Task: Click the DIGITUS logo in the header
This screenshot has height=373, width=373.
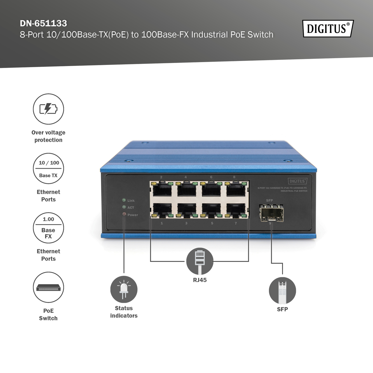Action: tap(328, 29)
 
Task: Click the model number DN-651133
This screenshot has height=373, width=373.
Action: tap(43, 23)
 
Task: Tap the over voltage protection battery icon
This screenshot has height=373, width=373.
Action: tap(48, 109)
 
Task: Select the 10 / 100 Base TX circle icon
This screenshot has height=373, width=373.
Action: tap(48, 168)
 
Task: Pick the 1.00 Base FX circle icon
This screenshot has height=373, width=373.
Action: tap(48, 228)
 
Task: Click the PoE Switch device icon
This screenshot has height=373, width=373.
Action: tap(48, 287)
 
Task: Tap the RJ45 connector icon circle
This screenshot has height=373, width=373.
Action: tap(200, 261)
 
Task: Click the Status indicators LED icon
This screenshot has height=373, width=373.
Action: tap(124, 289)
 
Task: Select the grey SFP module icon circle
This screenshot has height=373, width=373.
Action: tap(282, 291)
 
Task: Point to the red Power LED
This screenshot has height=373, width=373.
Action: tap(124, 214)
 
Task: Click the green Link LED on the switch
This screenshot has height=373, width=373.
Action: tap(124, 200)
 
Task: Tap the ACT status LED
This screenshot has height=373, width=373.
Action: tap(124, 207)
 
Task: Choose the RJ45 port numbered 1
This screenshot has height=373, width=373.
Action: tap(162, 210)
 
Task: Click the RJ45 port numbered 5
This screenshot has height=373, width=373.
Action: tap(212, 210)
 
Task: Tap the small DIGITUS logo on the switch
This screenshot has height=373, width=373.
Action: tap(297, 181)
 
